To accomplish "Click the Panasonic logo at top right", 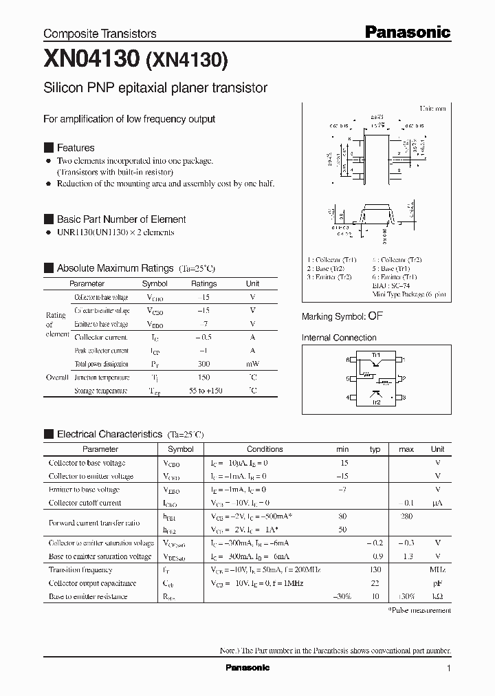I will point(407,32).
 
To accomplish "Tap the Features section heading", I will point(76,148).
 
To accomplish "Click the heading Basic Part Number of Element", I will point(121,219).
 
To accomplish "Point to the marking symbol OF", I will point(375,316).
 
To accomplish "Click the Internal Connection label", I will point(339,338).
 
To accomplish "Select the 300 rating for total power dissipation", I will point(203,364).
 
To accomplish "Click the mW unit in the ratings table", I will point(252,364).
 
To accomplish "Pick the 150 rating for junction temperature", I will point(203,378).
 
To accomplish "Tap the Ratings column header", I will point(203,283).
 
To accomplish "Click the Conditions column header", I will point(265,449).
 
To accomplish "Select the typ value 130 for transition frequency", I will point(375,570).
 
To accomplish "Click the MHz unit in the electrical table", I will point(437,570).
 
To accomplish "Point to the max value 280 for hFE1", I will point(406,516).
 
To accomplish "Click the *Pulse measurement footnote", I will point(419,610).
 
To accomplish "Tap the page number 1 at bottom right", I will point(448,668).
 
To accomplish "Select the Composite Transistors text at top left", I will point(100,34).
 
